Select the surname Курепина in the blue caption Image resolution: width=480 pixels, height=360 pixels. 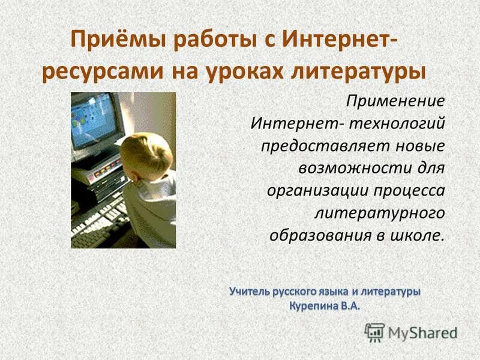[x=312, y=305]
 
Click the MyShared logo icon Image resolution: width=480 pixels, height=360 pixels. [x=374, y=332]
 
